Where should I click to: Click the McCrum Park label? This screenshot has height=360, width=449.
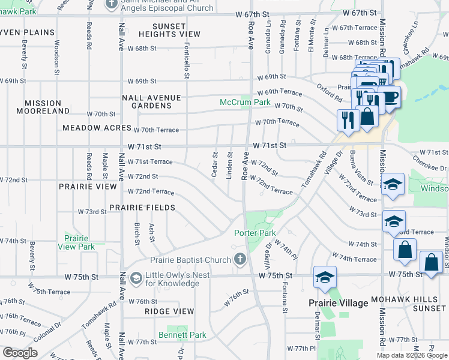click(x=245, y=103)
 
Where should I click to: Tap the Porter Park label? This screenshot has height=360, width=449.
click(x=255, y=233)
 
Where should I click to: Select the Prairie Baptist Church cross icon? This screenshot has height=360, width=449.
click(x=240, y=260)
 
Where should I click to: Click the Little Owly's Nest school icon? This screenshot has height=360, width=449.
click(x=136, y=278)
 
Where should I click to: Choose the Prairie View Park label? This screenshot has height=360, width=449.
click(x=76, y=242)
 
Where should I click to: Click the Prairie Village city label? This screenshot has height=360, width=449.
click(x=339, y=303)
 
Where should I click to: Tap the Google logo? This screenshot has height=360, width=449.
click(x=20, y=353)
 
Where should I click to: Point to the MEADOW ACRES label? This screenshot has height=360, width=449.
click(x=97, y=128)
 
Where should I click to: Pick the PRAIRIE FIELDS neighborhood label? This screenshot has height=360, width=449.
click(x=142, y=208)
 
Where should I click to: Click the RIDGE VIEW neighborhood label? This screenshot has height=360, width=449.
click(x=169, y=311)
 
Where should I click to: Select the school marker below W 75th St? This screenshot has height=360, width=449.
click(x=324, y=277)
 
